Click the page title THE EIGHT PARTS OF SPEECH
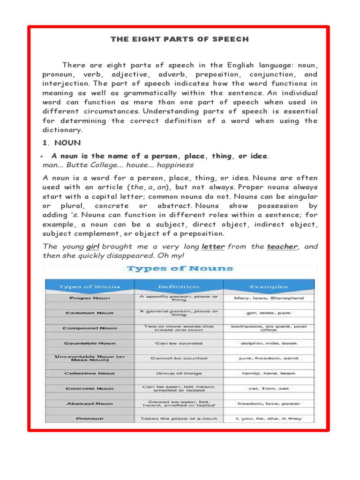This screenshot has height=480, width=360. [x=180, y=39]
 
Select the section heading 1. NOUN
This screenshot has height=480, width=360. [x=61, y=142]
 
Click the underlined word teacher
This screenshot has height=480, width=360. [x=282, y=247]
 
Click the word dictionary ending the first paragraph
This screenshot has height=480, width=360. [x=62, y=130]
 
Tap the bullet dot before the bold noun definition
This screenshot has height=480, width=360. [x=43, y=156]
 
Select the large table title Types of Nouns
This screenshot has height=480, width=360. [x=180, y=269]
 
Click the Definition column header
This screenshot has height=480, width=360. [x=179, y=286]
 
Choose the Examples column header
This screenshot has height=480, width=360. [x=269, y=286]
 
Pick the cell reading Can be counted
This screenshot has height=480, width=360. [x=179, y=343]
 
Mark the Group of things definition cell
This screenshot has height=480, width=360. [x=179, y=373]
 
